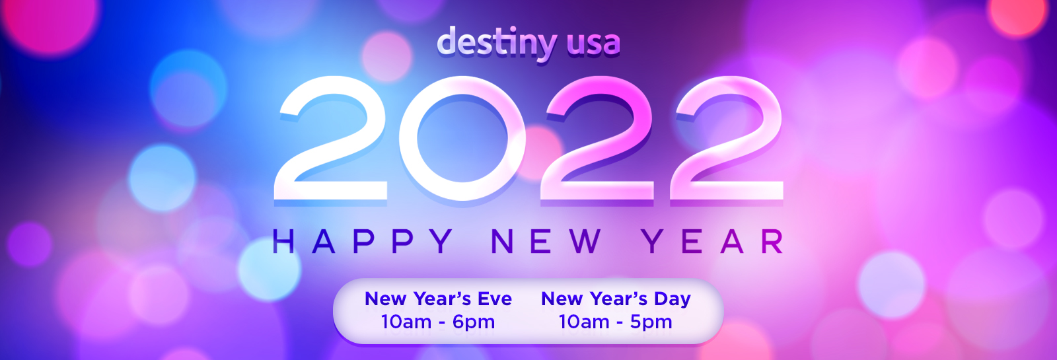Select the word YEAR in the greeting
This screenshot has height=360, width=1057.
point(713,241)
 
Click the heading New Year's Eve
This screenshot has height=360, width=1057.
point(439,299)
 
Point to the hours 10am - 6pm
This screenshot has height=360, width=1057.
point(438,322)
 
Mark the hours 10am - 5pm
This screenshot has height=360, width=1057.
point(615,322)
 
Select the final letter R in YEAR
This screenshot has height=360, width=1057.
point(774,241)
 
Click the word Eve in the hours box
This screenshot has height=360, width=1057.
point(495,299)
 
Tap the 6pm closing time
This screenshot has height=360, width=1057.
point(473,323)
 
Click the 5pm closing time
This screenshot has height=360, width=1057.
point(651,323)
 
